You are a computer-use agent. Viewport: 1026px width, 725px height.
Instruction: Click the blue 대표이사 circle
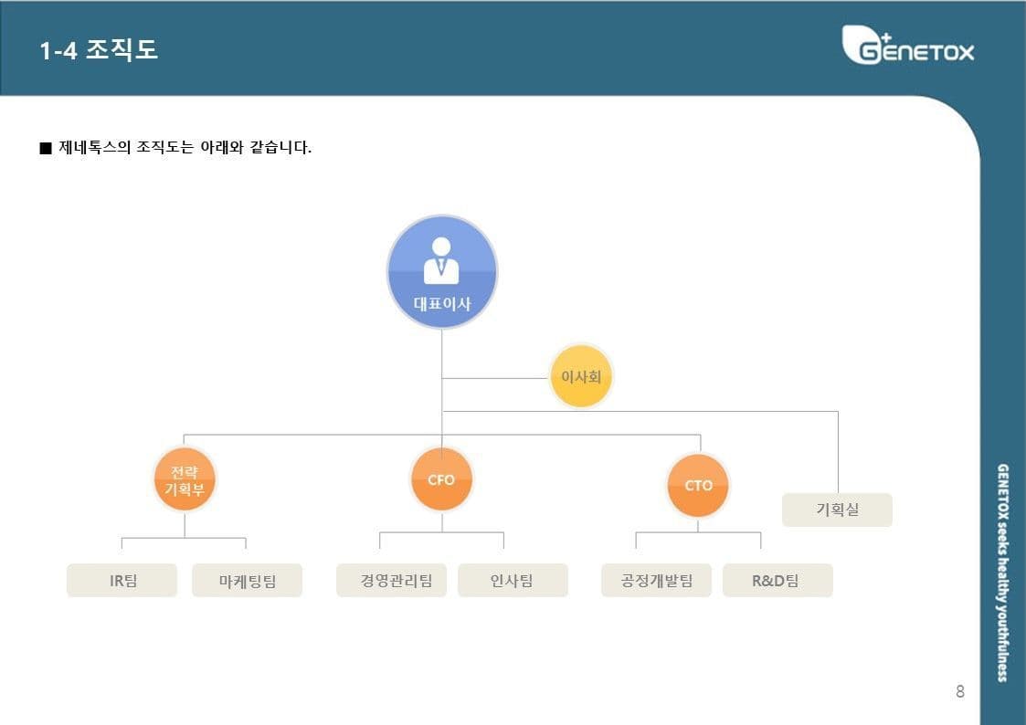click(x=441, y=271)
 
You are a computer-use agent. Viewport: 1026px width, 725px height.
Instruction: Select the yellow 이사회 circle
click(x=581, y=376)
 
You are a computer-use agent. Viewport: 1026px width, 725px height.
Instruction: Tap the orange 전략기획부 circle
click(x=185, y=479)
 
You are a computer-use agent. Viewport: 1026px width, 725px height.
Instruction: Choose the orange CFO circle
click(x=441, y=479)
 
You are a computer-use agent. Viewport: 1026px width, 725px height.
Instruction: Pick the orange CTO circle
click(x=698, y=486)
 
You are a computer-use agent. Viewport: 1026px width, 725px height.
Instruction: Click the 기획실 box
click(x=838, y=510)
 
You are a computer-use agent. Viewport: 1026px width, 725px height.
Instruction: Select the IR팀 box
click(x=122, y=581)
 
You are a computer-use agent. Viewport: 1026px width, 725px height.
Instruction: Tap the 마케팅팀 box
click(x=248, y=581)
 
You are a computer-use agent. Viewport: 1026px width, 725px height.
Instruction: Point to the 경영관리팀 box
click(x=391, y=581)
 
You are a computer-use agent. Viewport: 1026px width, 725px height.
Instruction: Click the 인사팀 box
click(x=513, y=581)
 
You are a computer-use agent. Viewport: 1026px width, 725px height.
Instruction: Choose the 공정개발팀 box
click(x=656, y=581)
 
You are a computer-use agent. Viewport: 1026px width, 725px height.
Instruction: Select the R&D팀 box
click(x=777, y=581)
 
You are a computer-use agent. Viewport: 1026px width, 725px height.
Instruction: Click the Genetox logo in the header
click(x=907, y=45)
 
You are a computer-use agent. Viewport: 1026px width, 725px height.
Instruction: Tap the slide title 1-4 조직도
click(x=99, y=49)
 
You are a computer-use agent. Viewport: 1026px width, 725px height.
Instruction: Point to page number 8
click(x=960, y=691)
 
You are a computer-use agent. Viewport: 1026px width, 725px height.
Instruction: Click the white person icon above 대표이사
click(x=441, y=260)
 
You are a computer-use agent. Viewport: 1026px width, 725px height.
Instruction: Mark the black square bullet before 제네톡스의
click(x=45, y=148)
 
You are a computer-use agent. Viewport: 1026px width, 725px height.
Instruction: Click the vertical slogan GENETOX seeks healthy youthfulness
click(x=1002, y=573)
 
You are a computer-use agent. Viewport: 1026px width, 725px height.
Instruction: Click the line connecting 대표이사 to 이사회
click(x=495, y=378)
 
